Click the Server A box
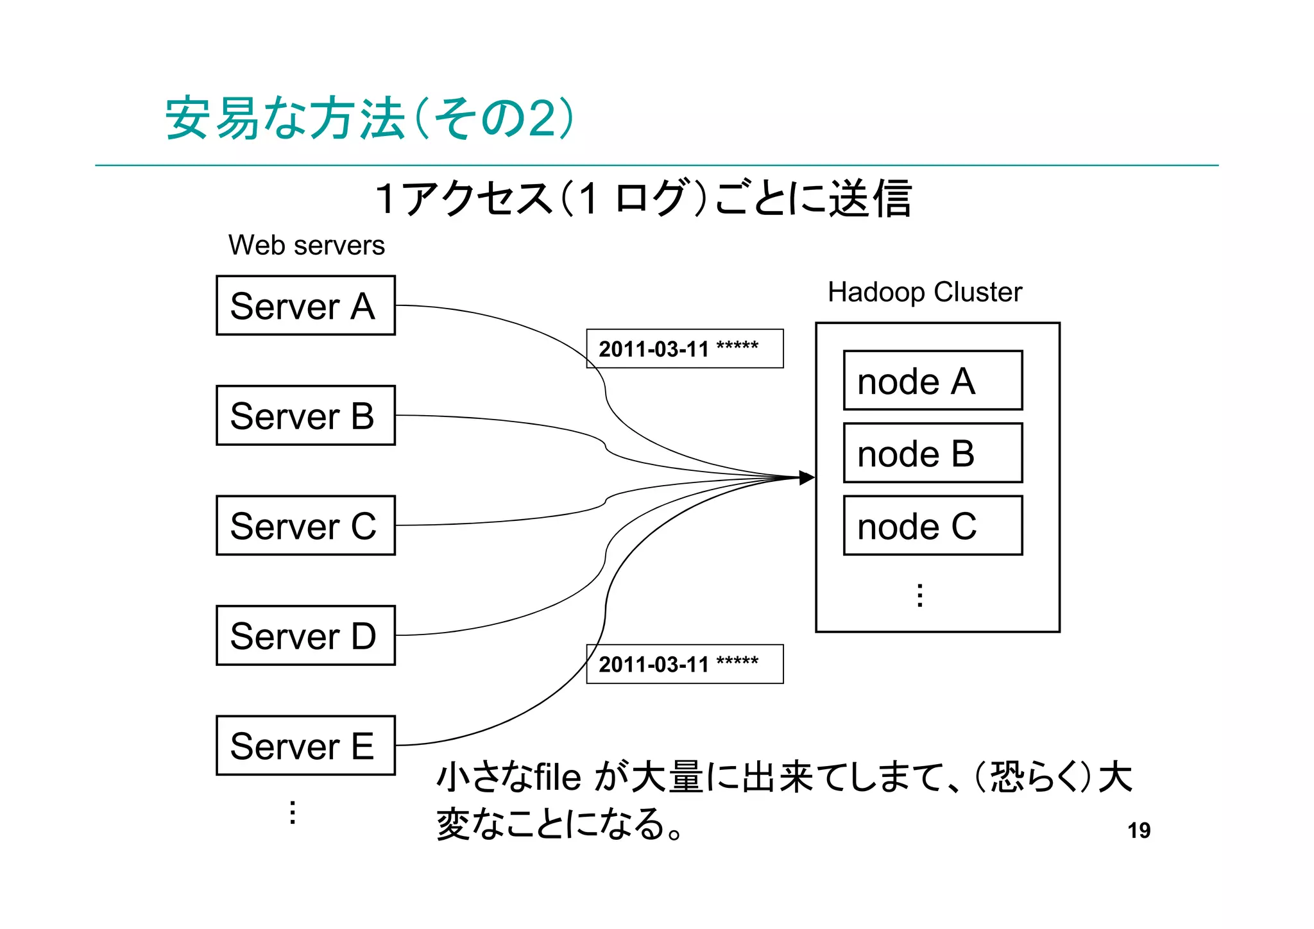305,305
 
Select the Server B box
305,415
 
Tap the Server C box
305,525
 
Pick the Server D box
305,635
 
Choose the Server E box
305,746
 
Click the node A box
932,380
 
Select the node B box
932,453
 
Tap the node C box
932,525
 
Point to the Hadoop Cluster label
924,292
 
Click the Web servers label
306,245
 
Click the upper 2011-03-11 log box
684,348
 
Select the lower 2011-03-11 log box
684,664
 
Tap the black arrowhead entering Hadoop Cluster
806,477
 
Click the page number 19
1139,830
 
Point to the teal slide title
369,119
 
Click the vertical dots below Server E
293,812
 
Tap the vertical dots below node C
920,595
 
